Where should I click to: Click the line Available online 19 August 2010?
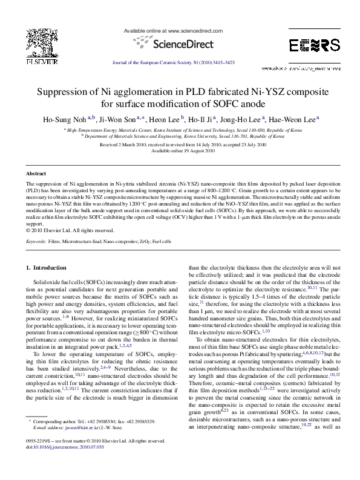180,151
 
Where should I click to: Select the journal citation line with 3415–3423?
180,62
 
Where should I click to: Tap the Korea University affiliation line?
180,137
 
